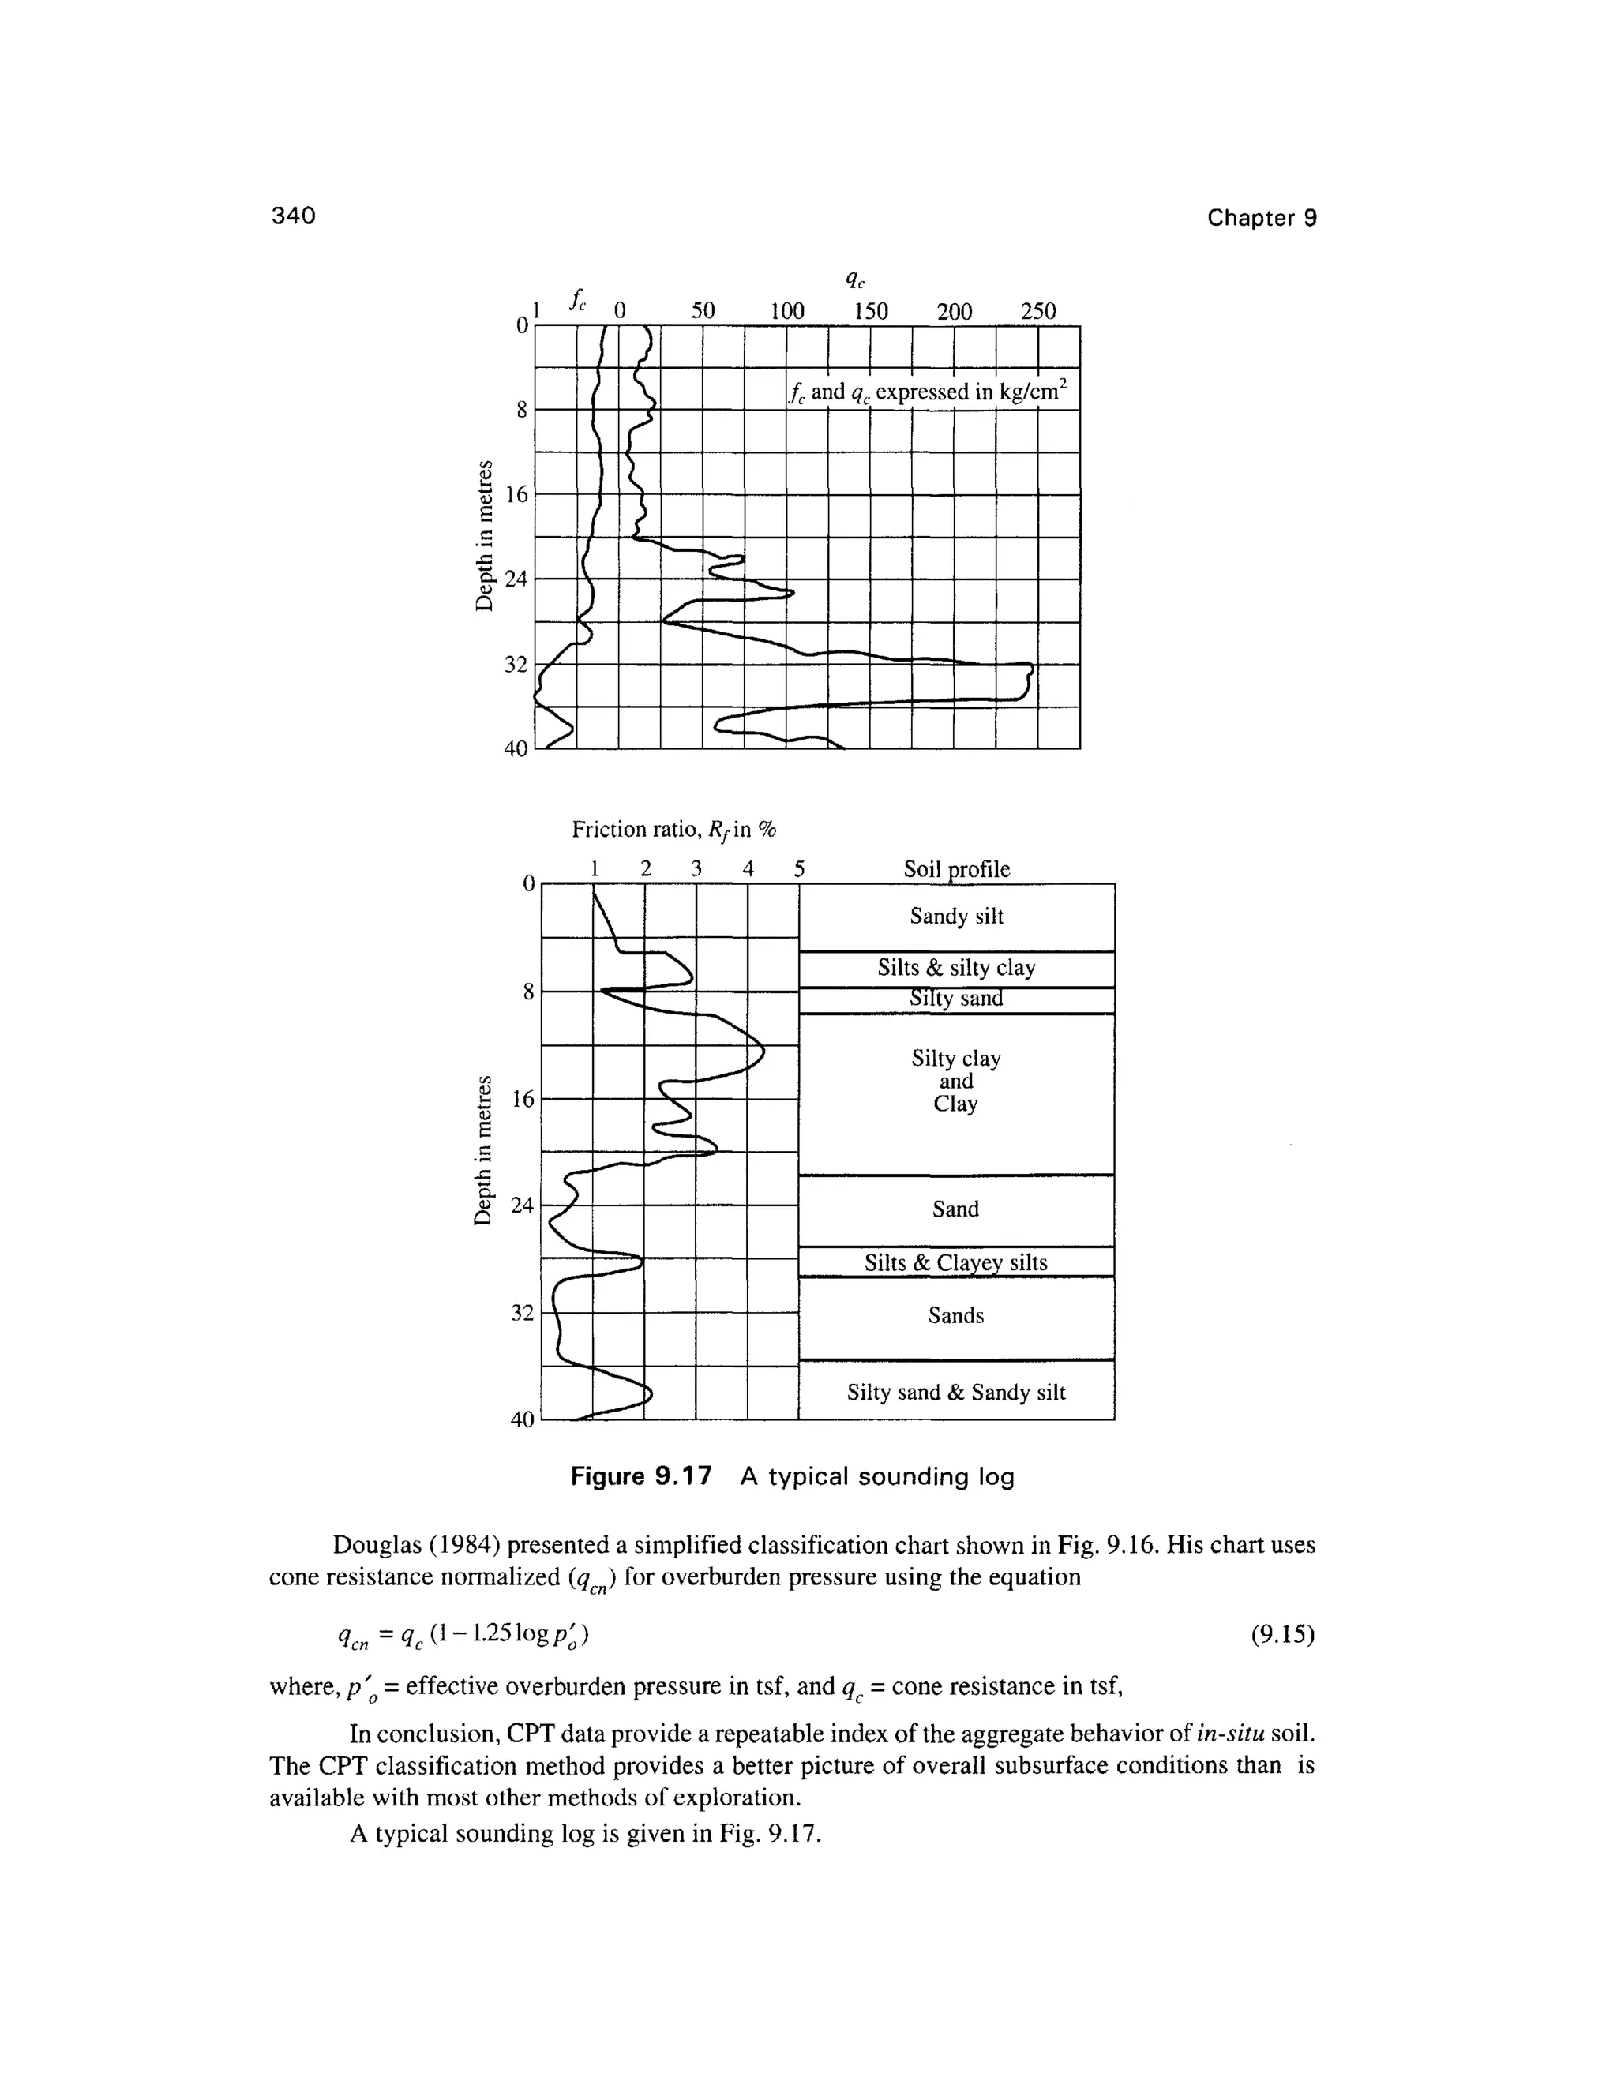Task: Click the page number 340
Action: [293, 216]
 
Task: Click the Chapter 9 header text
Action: [1262, 219]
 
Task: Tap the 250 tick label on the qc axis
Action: [1037, 311]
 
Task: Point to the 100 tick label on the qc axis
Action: [786, 311]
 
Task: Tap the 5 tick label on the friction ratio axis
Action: [799, 869]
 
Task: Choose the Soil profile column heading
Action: [956, 869]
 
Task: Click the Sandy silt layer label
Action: [956, 917]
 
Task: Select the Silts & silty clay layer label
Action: [956, 969]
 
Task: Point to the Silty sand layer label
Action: [956, 999]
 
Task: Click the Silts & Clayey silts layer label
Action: [956, 1262]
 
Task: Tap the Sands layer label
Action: [956, 1316]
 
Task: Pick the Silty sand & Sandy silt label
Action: [956, 1393]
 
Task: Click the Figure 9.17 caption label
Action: [641, 1477]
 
